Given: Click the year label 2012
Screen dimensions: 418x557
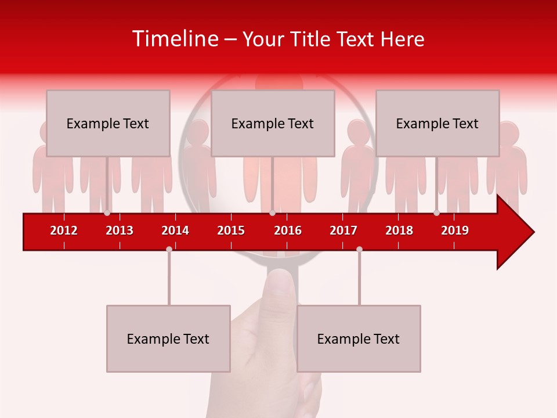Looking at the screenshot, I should click(x=64, y=230).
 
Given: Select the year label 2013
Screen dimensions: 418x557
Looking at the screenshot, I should click(x=120, y=230).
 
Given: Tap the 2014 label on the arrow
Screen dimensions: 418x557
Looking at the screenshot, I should click(x=175, y=230).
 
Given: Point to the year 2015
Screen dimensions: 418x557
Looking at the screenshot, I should click(x=231, y=230).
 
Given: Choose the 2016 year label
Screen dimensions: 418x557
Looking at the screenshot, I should click(x=288, y=230).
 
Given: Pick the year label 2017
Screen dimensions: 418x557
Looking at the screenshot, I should click(x=343, y=230).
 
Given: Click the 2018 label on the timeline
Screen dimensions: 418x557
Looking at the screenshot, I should click(x=399, y=230).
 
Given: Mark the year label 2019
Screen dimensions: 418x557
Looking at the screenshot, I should click(x=455, y=230).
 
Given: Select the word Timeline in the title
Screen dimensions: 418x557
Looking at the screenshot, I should click(x=175, y=39).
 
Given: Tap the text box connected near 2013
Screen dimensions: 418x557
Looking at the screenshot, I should click(x=108, y=123).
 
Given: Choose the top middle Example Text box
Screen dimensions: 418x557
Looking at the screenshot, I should click(x=273, y=123).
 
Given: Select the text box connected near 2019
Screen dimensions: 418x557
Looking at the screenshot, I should click(x=437, y=123).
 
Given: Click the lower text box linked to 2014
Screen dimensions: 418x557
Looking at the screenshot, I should click(x=168, y=338).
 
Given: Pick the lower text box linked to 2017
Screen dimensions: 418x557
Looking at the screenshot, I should click(x=359, y=338).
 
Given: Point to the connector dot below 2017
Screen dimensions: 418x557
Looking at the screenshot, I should click(x=359, y=249).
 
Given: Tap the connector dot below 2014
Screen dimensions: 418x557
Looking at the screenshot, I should click(x=169, y=249).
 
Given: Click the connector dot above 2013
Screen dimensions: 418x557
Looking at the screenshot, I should click(x=107, y=213).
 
